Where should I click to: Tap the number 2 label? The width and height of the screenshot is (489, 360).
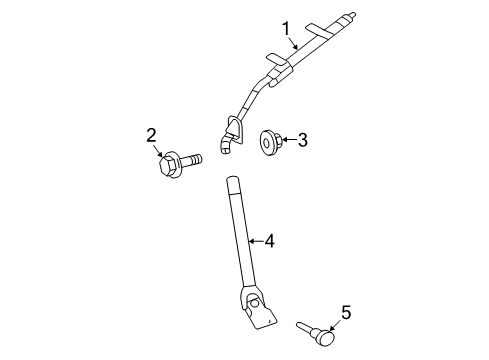(x=151, y=134)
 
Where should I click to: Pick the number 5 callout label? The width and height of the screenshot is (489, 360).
(x=345, y=313)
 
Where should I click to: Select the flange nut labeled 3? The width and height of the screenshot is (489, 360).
(x=268, y=141)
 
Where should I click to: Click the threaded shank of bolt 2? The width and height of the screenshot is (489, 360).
(x=192, y=158)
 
